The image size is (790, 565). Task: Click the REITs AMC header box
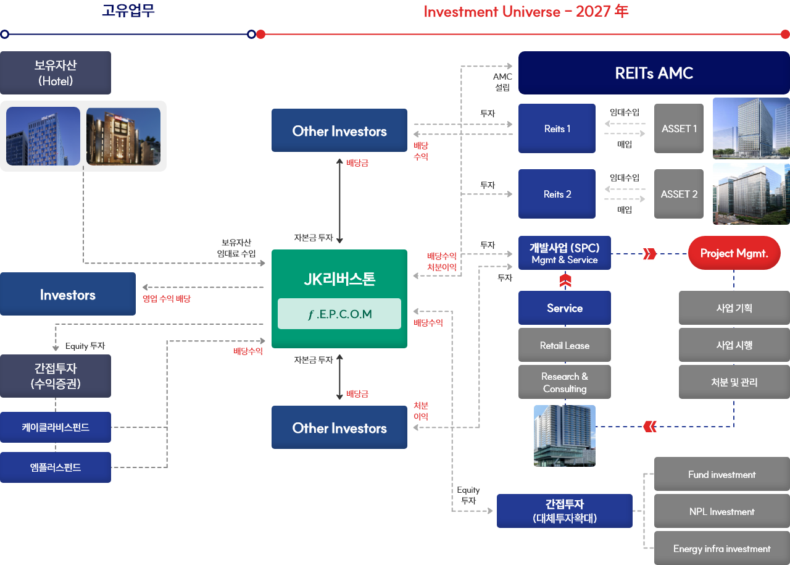coord(654,73)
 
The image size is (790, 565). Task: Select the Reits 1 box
coord(557,128)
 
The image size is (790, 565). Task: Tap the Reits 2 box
coord(557,194)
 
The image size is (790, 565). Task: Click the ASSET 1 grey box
coord(679,128)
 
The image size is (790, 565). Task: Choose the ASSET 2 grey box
coord(679,194)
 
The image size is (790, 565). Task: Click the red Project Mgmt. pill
coord(734,253)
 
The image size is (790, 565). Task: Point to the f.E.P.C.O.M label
coord(339,314)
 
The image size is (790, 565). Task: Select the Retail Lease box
coord(564,345)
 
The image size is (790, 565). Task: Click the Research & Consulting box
coord(564,383)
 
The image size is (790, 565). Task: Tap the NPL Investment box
coord(721,511)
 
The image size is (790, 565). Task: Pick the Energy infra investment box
coord(721,548)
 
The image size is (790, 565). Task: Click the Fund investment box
coord(721,474)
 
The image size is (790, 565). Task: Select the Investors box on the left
coord(68,295)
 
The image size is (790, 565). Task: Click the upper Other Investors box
coord(339,131)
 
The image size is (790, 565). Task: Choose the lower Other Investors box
coord(339,428)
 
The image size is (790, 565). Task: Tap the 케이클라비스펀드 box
coord(56,427)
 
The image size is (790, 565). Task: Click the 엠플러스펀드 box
coord(56,467)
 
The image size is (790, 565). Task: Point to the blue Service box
coord(564,308)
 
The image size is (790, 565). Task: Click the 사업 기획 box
coord(734,308)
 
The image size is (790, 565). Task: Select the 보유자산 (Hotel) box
coord(56,73)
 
